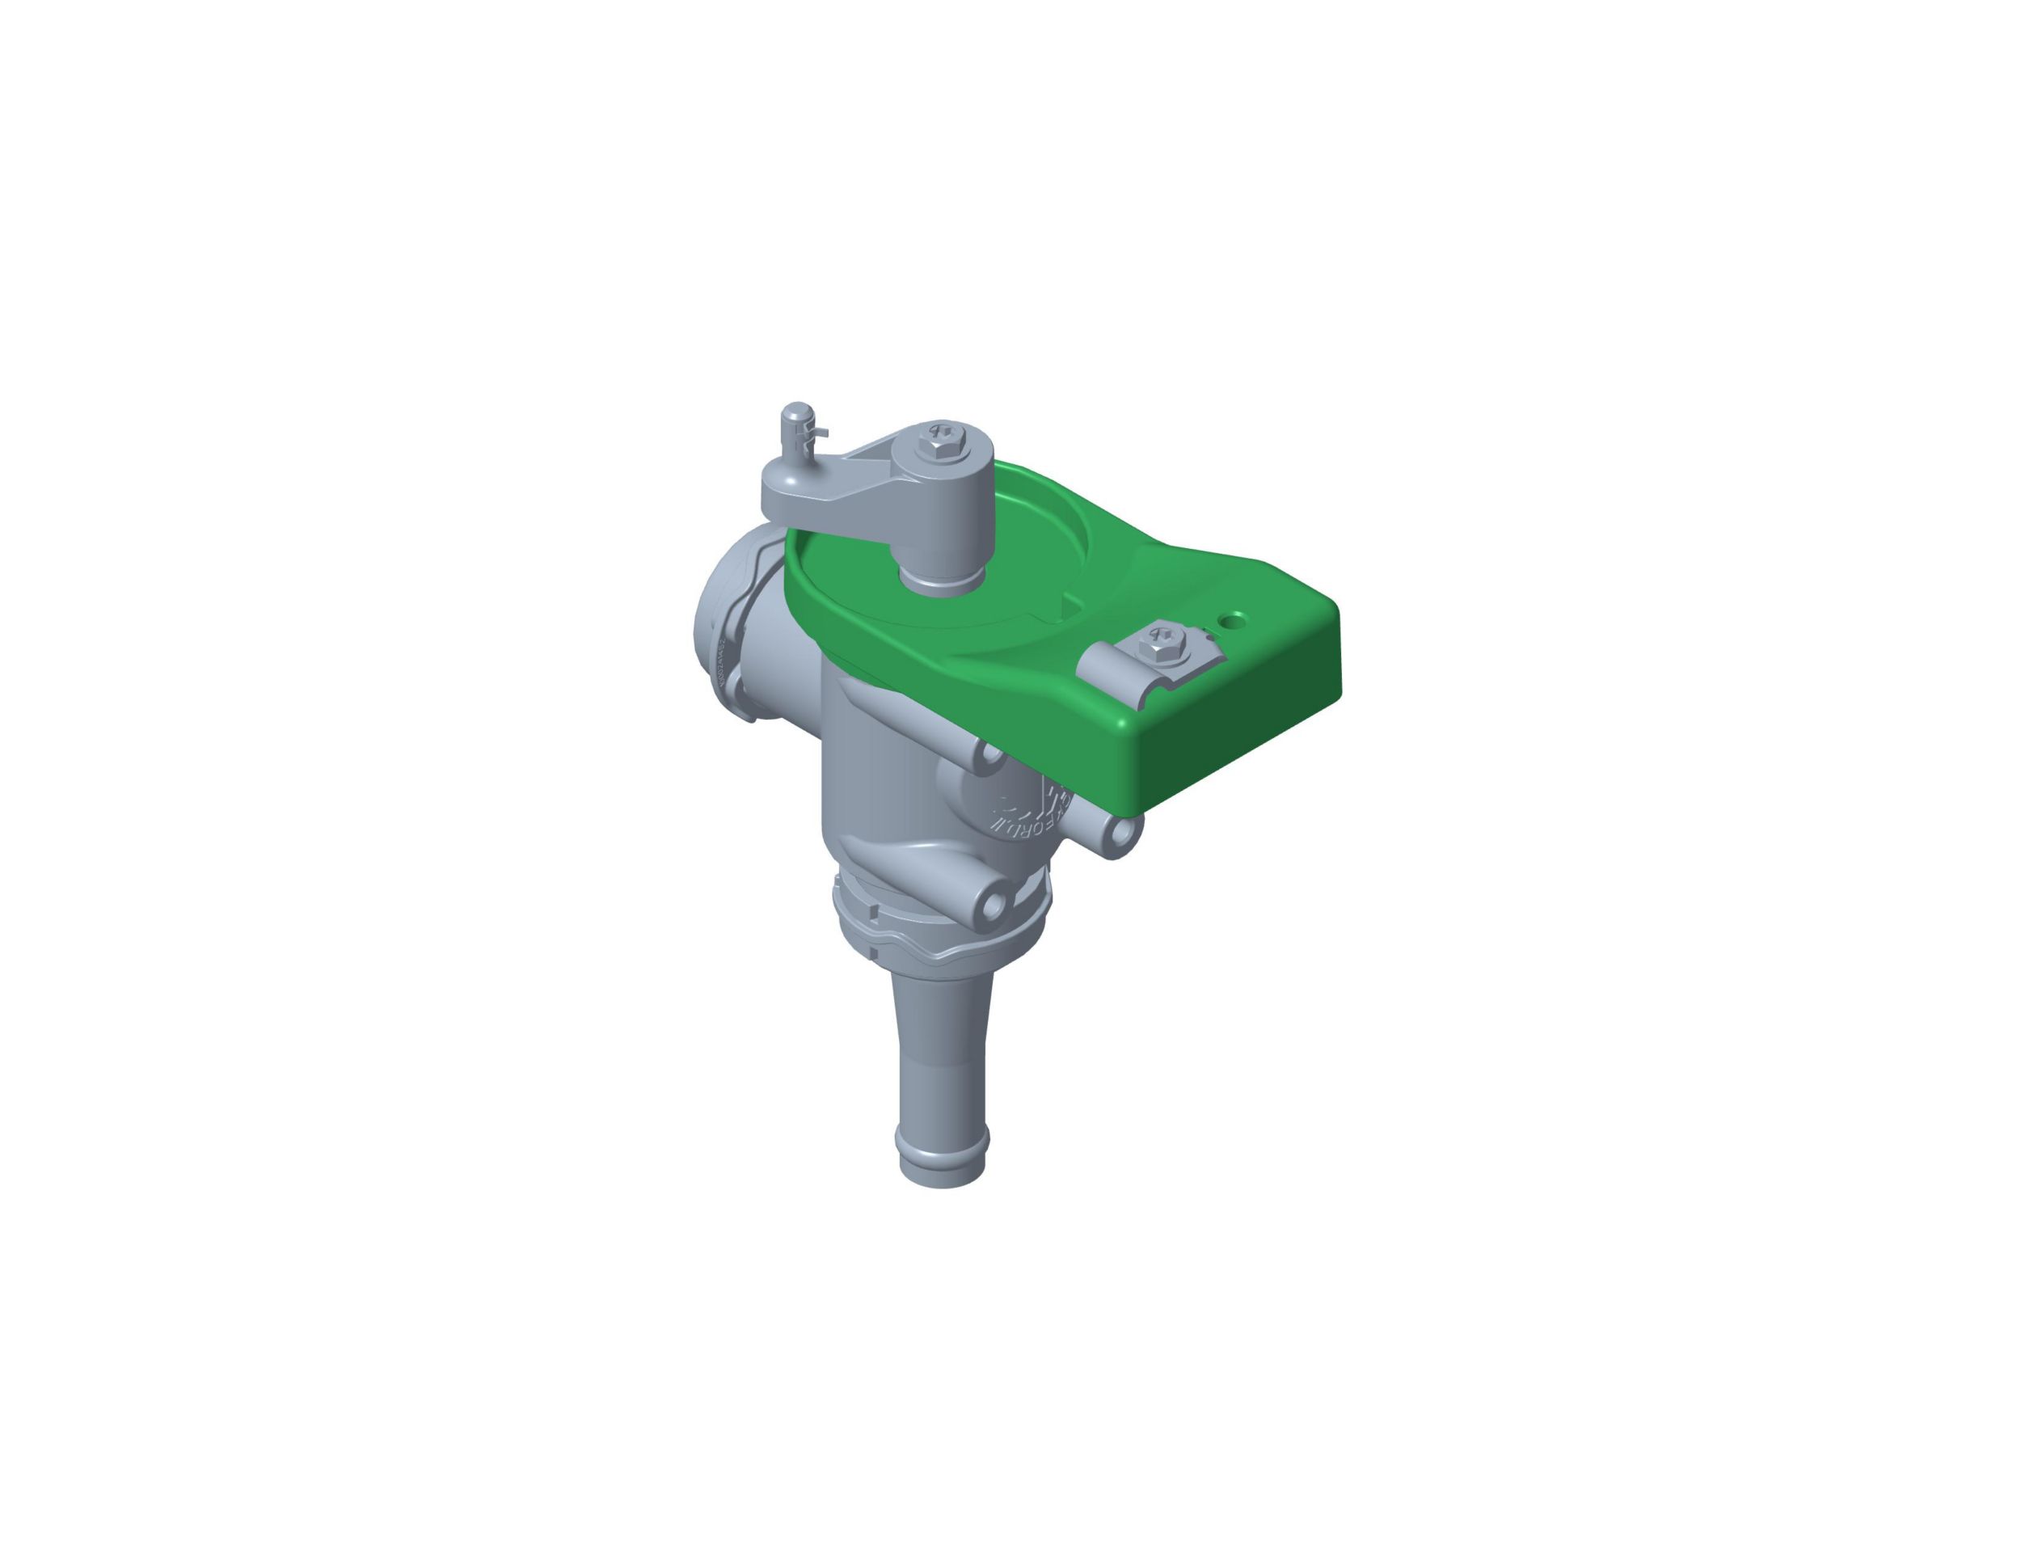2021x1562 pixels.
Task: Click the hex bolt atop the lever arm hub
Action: (x=939, y=443)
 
